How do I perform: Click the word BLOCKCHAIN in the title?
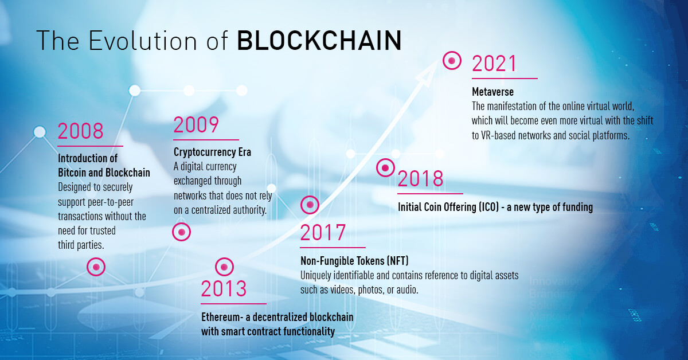319,41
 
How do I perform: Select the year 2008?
80,131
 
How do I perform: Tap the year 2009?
196,125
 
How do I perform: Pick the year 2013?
224,289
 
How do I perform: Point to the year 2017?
323,233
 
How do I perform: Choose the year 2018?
420,179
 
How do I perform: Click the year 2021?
494,64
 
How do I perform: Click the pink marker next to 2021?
452,61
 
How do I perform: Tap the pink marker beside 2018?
385,168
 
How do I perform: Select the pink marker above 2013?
224,267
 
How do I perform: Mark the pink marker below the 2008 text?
96,267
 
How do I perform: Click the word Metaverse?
492,92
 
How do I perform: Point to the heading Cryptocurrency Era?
212,152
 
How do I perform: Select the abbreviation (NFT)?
398,261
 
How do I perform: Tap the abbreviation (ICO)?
488,207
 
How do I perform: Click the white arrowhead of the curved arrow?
428,73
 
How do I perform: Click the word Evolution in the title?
143,41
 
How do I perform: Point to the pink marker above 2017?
310,205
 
